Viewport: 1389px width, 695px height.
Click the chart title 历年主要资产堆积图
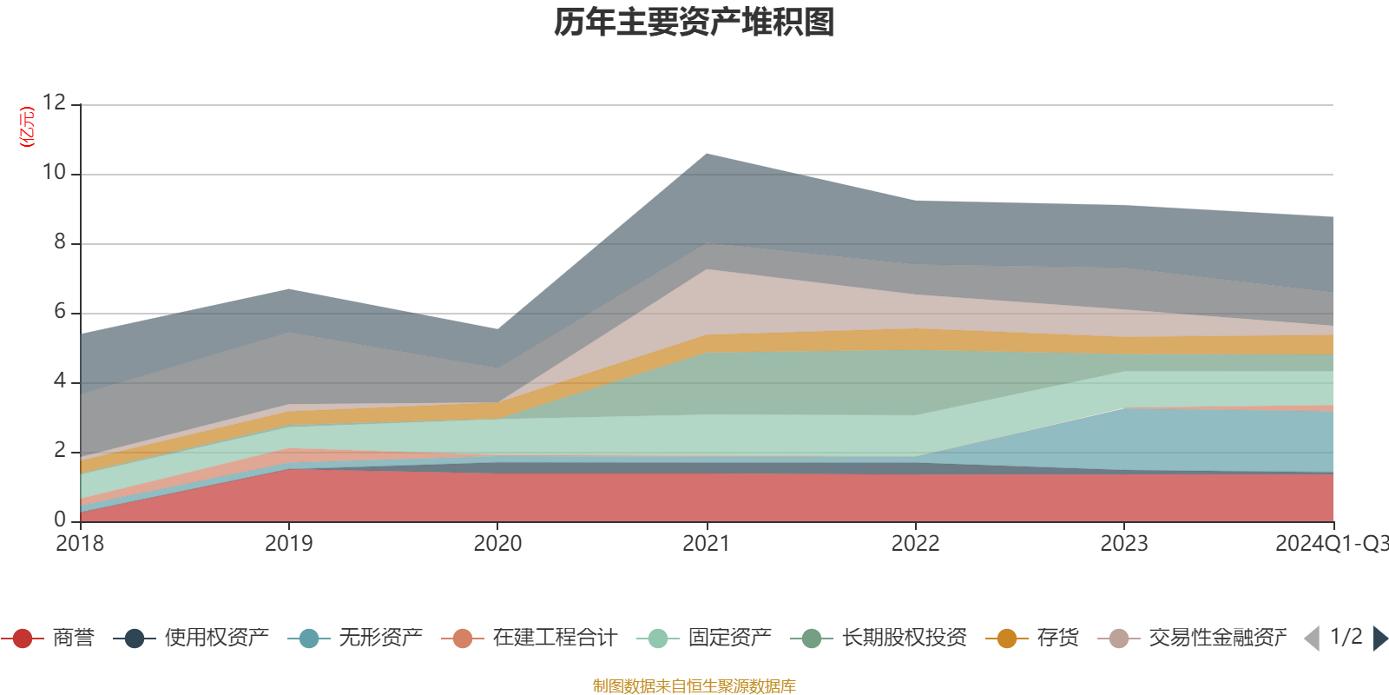point(694,23)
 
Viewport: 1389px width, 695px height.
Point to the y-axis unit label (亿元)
point(28,127)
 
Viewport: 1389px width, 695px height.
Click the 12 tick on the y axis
point(54,103)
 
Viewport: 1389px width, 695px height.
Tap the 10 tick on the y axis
point(54,172)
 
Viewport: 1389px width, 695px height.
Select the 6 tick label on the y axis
point(59,311)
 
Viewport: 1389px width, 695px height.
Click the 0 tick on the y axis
point(59,520)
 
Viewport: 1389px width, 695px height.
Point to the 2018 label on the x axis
point(80,544)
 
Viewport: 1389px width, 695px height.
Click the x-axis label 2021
point(706,544)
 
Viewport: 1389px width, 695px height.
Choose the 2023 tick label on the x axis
point(1124,544)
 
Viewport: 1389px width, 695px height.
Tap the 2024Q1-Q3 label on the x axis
point(1331,544)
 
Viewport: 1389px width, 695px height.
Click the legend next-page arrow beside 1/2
point(1379,639)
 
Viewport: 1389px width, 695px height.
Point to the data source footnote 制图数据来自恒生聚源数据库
point(694,686)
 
